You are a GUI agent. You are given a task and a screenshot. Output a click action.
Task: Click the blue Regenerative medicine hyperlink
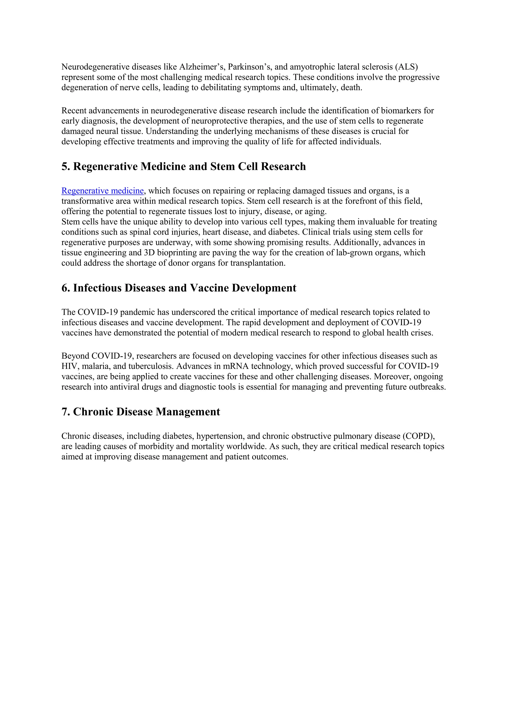[103, 191]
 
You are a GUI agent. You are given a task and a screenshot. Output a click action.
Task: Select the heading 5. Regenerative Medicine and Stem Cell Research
[183, 166]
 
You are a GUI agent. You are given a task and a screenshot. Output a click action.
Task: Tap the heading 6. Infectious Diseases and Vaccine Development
[179, 288]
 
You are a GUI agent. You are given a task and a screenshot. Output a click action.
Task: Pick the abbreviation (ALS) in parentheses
[406, 67]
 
